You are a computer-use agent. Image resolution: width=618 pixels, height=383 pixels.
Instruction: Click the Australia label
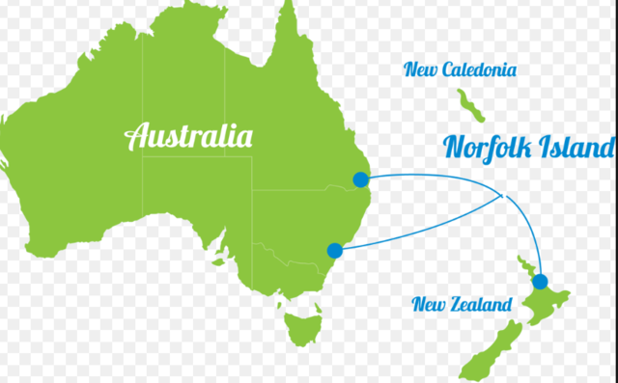tap(189, 135)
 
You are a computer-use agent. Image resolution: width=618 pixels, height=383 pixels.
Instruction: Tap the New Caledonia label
tap(461, 69)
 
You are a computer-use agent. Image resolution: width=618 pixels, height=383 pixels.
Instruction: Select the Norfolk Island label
tap(527, 147)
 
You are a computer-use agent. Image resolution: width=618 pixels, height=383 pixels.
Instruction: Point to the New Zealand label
tap(462, 305)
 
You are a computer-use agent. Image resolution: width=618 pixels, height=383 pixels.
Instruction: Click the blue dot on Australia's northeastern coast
tap(361, 178)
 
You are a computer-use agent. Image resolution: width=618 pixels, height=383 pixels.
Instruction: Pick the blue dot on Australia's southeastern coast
tap(335, 251)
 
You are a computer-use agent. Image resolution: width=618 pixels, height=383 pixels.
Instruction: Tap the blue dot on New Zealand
tap(540, 282)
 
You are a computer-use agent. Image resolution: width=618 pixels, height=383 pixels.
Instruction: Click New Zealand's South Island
tap(488, 352)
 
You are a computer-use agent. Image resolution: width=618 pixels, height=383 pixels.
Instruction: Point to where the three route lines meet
tap(501, 196)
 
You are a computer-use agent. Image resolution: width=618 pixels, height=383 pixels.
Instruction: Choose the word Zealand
tap(484, 305)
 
